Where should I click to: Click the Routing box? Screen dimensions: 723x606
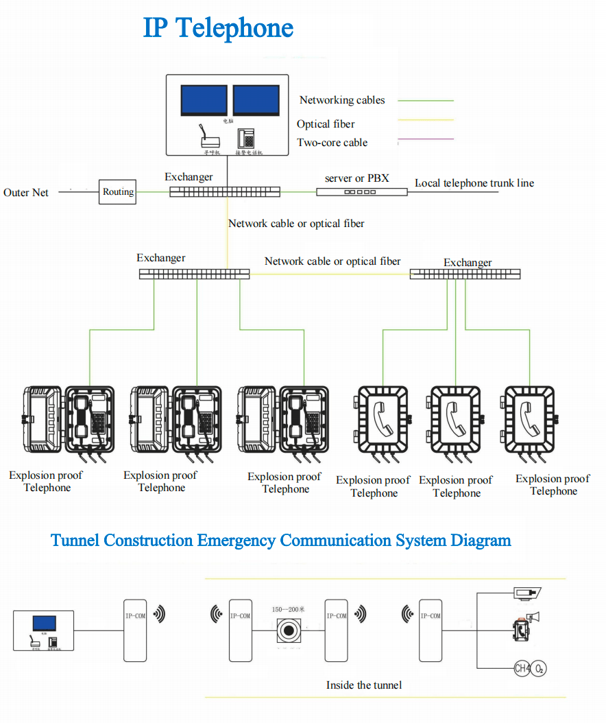pos(118,192)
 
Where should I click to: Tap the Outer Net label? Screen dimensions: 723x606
pos(26,193)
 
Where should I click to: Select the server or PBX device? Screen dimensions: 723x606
pos(361,192)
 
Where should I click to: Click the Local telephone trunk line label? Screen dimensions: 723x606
pos(474,183)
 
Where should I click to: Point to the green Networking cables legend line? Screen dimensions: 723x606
pos(426,101)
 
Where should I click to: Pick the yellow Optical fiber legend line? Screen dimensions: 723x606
pos(426,120)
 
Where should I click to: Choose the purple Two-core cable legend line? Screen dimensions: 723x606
pos(426,139)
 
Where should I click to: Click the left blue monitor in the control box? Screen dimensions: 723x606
pos(204,100)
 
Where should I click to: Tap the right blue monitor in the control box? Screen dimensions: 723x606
pos(256,100)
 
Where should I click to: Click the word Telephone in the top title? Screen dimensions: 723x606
pos(234,29)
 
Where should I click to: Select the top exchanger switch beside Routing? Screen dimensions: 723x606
pos(225,192)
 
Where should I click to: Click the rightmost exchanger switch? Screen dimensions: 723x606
pos(465,274)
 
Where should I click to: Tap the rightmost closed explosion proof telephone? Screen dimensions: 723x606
pos(529,419)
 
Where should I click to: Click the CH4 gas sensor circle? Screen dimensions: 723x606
pos(522,667)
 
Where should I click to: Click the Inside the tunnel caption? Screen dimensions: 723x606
pos(364,685)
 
